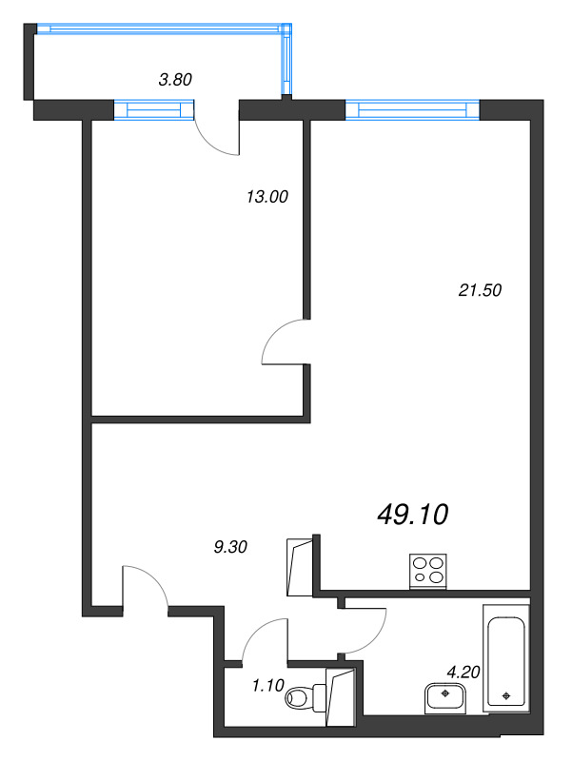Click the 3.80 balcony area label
click(175, 79)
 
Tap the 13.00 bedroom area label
click(267, 197)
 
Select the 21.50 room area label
click(480, 290)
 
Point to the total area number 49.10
click(412, 515)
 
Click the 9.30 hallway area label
click(230, 547)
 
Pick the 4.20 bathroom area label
click(464, 673)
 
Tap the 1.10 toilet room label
click(268, 685)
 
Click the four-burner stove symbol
click(428, 572)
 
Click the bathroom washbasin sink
click(445, 698)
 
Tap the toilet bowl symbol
click(306, 697)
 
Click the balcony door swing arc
click(208, 142)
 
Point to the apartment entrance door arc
click(154, 578)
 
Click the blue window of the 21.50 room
click(412, 109)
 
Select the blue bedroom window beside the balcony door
click(154, 109)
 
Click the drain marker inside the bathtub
click(506, 696)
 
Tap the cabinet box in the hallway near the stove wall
click(300, 567)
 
